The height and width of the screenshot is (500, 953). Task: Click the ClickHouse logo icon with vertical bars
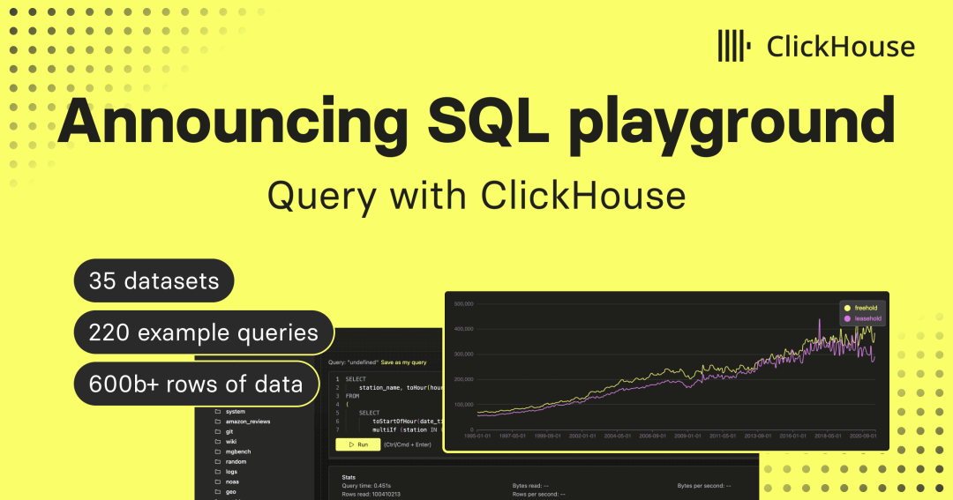(734, 46)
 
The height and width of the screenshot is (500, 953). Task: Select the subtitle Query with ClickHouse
(476, 195)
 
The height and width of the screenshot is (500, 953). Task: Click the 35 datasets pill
(154, 282)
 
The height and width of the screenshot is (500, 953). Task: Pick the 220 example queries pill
(203, 332)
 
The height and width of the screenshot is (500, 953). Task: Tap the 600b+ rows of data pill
(195, 384)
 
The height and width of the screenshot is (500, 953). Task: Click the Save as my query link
(404, 362)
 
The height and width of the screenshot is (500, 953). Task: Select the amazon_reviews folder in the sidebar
(247, 422)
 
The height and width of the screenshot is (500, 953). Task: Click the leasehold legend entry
(867, 318)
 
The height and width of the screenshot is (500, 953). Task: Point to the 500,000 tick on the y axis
(464, 304)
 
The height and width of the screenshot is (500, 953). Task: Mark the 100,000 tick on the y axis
(464, 404)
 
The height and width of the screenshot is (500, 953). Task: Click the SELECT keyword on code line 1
(356, 379)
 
